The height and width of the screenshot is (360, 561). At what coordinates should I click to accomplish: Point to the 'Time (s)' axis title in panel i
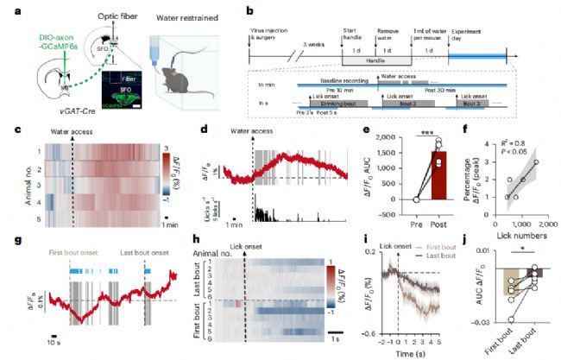(405, 354)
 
